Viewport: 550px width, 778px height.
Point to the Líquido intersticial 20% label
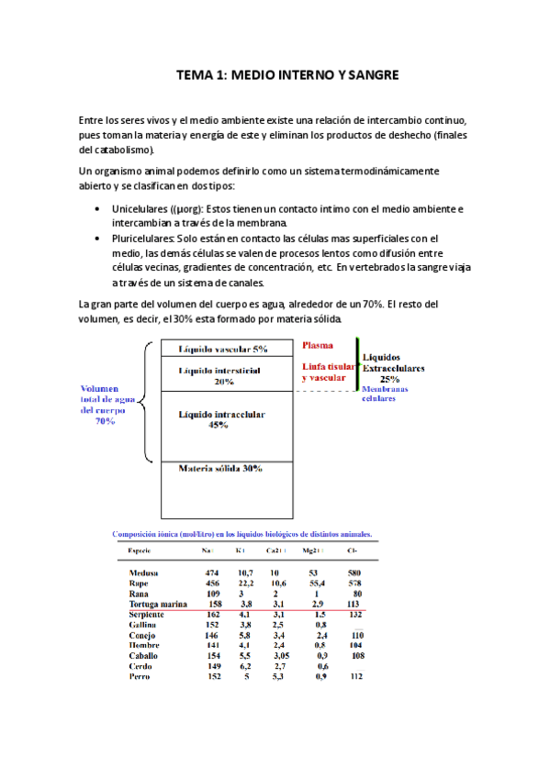[219, 374]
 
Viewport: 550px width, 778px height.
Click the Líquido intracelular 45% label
[222, 419]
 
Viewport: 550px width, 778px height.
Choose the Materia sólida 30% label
[220, 469]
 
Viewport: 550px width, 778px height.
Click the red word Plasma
[319, 346]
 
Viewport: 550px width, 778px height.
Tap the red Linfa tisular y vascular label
[324, 372]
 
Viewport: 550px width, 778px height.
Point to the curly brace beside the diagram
[148, 399]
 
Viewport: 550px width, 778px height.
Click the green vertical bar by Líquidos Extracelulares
[358, 364]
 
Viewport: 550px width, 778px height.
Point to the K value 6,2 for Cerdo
[243, 667]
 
